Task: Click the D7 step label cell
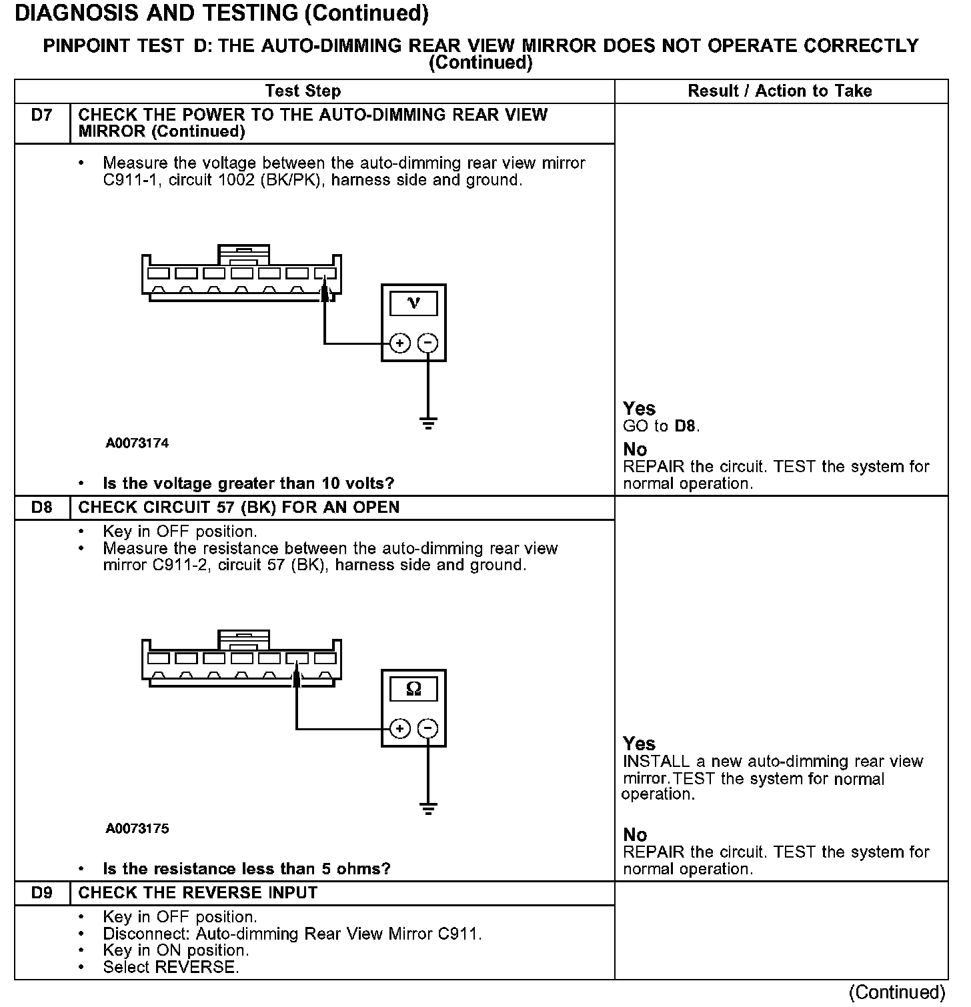pos(41,116)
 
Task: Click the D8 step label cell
pos(41,508)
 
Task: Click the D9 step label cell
pos(41,893)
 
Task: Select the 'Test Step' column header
pos(303,91)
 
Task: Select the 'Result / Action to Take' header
pos(780,91)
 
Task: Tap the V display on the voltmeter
pos(413,304)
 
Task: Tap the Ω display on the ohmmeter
pos(413,689)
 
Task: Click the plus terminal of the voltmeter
pos(399,343)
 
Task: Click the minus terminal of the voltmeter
pos(427,343)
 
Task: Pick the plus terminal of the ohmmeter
pos(399,729)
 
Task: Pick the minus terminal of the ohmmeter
pos(427,729)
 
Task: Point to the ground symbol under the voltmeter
pos(428,423)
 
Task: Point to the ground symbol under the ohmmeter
pos(428,809)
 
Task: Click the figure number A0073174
pos(137,443)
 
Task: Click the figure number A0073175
pos(137,829)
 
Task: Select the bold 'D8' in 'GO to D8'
pos(686,426)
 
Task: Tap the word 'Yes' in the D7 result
pos(639,409)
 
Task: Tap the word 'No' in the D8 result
pos(635,835)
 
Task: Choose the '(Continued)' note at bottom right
pos(897,993)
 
